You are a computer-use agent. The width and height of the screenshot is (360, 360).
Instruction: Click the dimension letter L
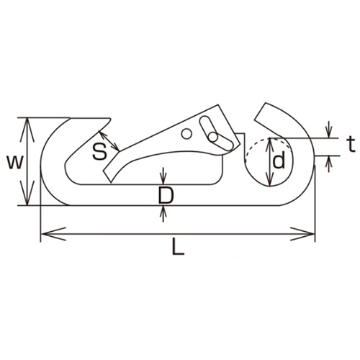tap(179, 246)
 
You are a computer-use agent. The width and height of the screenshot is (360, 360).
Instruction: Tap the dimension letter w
tap(15, 162)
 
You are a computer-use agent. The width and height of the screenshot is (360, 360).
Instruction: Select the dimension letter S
tap(99, 152)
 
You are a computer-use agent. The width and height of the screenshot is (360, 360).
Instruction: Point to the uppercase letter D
tap(166, 196)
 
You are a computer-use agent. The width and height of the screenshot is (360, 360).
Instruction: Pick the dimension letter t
tap(351, 145)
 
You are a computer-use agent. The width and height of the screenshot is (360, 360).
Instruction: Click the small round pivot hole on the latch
tap(186, 134)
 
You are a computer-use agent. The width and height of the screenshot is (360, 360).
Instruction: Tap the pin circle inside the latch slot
tap(212, 137)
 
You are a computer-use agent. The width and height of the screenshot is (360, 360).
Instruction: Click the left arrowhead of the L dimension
tap(53, 233)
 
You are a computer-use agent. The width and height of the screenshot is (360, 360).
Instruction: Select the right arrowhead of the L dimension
tap(302, 233)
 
